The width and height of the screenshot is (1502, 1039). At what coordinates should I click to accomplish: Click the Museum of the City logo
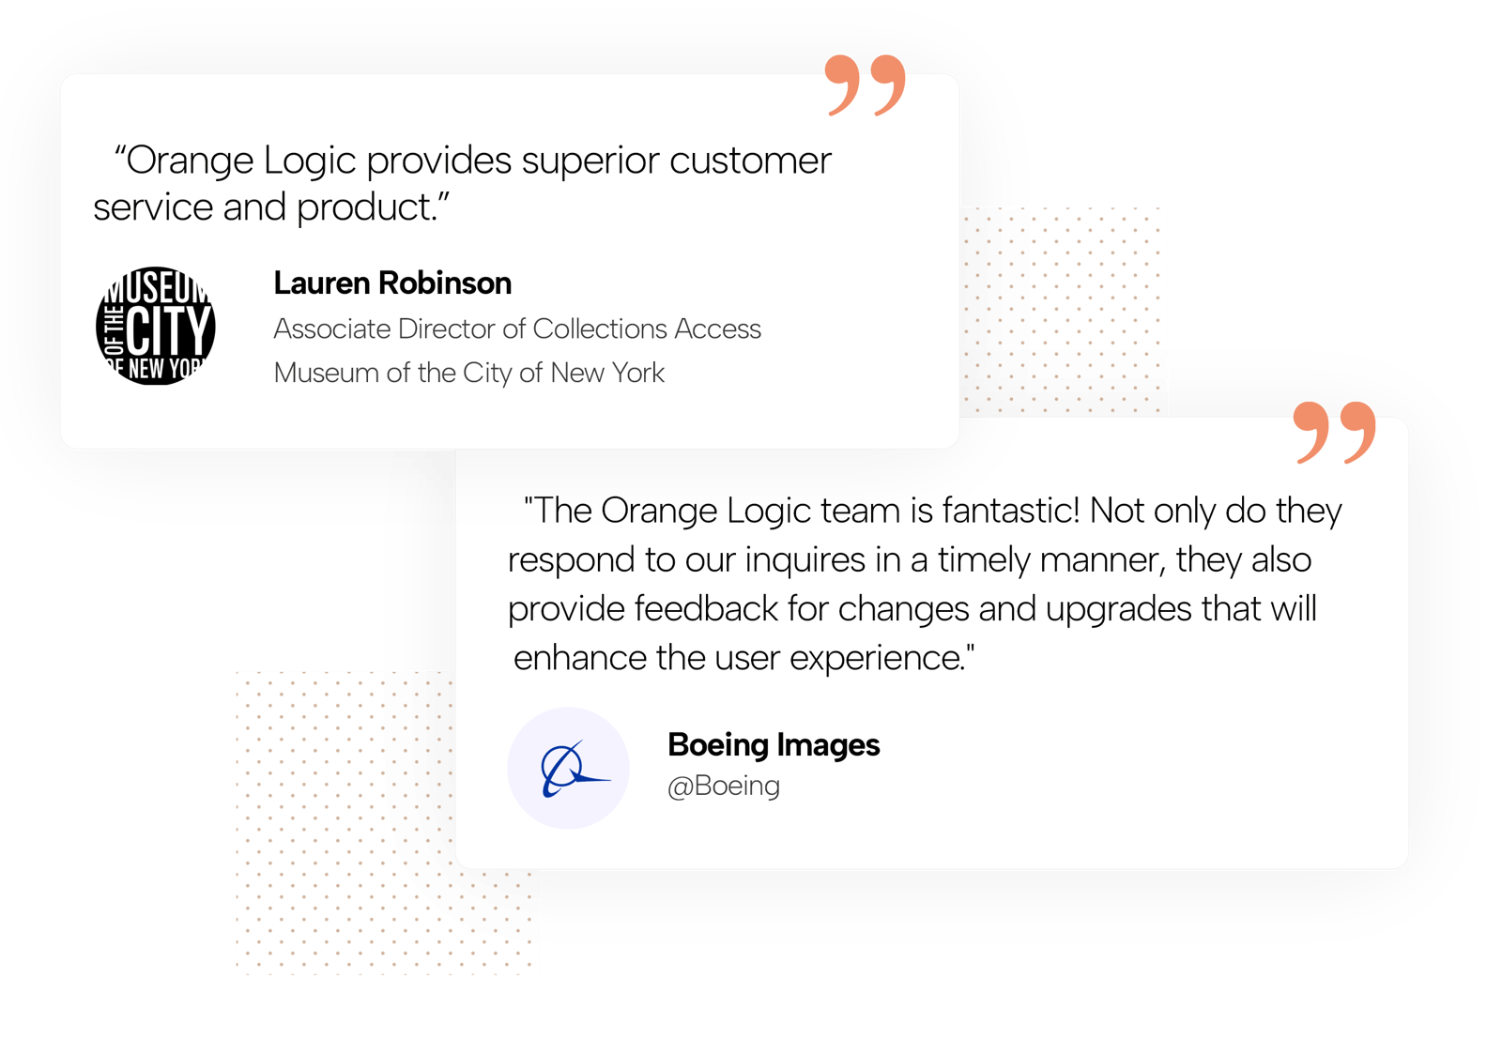coord(156,326)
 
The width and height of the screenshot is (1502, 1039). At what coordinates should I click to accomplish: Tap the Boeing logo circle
coord(568,768)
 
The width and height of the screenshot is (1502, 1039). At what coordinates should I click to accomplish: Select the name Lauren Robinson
coord(392,283)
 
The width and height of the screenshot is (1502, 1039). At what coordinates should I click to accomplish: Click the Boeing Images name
coord(774,744)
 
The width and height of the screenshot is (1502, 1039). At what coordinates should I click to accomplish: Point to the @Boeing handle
coord(723,785)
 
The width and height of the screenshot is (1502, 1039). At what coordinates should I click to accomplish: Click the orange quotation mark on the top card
coord(865,84)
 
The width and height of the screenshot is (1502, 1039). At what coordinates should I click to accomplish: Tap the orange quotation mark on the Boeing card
coord(1334,432)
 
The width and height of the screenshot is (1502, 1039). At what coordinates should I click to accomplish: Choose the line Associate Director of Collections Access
coord(517,329)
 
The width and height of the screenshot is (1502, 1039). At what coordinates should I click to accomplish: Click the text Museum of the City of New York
coord(468,373)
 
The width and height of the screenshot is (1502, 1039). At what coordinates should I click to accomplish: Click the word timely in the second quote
coord(984,560)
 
